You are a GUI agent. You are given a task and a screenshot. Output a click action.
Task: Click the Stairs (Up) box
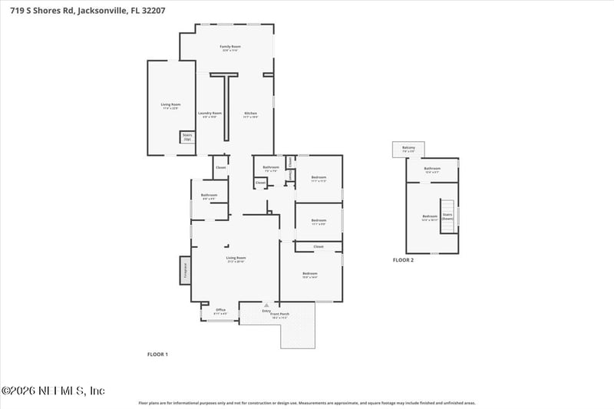[187, 137]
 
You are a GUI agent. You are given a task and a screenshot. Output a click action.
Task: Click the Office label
[220, 311]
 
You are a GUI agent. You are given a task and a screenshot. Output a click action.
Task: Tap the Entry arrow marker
[266, 305]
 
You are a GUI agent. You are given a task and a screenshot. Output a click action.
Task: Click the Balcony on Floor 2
[408, 149]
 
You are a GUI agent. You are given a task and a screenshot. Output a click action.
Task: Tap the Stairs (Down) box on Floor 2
[447, 216]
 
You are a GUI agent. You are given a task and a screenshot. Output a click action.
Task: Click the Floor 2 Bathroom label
[432, 170]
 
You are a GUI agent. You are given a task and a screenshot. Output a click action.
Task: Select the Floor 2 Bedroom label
[429, 217]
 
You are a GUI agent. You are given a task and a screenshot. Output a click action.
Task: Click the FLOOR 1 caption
[157, 354]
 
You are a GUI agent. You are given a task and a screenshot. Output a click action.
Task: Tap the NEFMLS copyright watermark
[53, 391]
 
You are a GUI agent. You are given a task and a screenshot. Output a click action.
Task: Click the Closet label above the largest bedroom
[318, 246]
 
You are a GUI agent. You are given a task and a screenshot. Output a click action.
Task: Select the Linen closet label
[290, 176]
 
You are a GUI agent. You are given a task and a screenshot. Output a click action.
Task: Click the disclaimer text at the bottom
[306, 402]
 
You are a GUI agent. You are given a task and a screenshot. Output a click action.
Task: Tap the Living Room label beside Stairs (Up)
[170, 106]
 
